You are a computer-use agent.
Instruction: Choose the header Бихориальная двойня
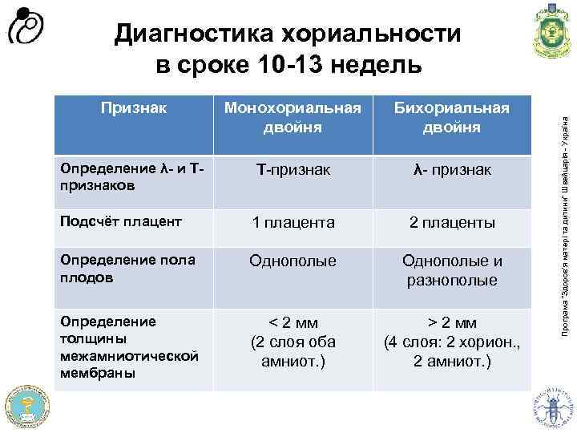[x=452, y=117]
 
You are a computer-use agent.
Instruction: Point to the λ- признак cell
[x=452, y=171]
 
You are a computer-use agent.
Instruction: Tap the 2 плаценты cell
[x=452, y=221]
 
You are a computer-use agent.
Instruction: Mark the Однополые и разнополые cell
[x=452, y=270]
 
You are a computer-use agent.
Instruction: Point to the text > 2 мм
[x=452, y=322]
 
